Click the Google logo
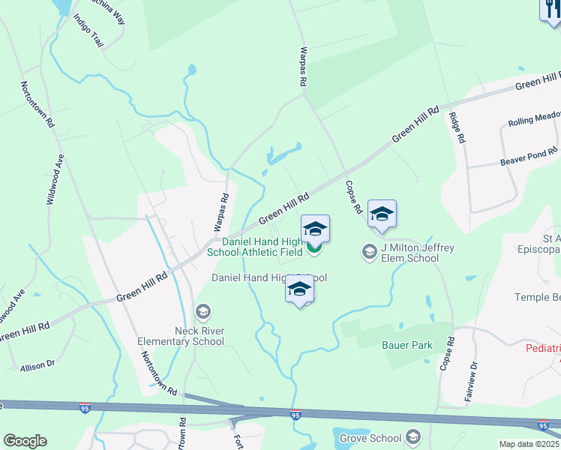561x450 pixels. click(x=25, y=441)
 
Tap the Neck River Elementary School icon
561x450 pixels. click(x=202, y=311)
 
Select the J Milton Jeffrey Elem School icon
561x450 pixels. click(x=368, y=251)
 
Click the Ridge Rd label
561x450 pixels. click(x=457, y=127)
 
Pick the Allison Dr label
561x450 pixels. click(x=38, y=367)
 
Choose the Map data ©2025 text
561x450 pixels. click(x=529, y=444)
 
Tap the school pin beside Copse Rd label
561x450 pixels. click(x=382, y=214)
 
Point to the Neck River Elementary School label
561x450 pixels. click(x=181, y=336)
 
